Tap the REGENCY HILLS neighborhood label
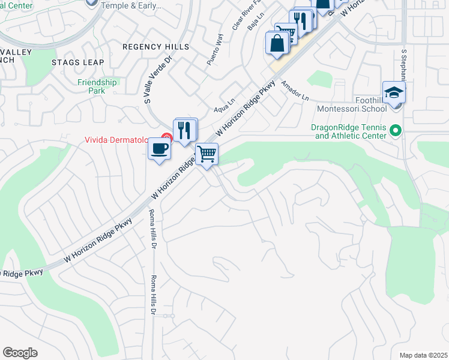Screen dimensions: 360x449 (x=155, y=47)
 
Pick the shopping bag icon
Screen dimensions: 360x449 (x=277, y=43)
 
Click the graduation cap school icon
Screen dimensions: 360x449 (x=393, y=92)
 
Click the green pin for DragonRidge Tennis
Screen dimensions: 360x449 (x=395, y=130)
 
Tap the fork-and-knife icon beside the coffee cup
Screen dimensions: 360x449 (x=184, y=130)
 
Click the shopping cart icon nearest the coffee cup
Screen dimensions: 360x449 (x=207, y=154)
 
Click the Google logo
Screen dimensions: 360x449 (x=20, y=353)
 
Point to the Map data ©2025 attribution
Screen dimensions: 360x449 (x=423, y=355)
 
